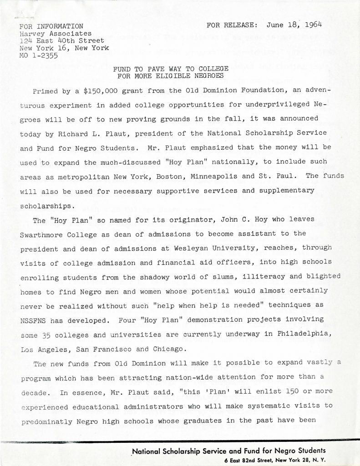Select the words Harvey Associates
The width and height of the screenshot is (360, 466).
click(55, 33)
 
